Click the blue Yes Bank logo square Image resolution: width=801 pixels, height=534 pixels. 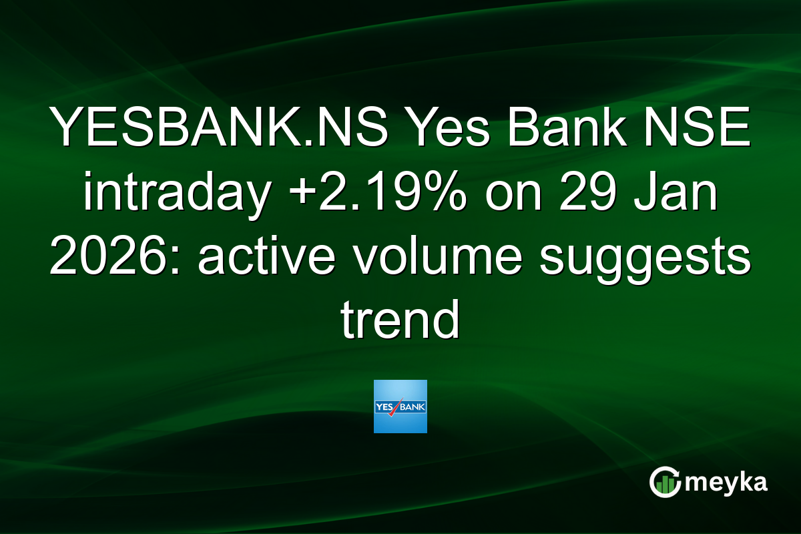coord(400,407)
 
